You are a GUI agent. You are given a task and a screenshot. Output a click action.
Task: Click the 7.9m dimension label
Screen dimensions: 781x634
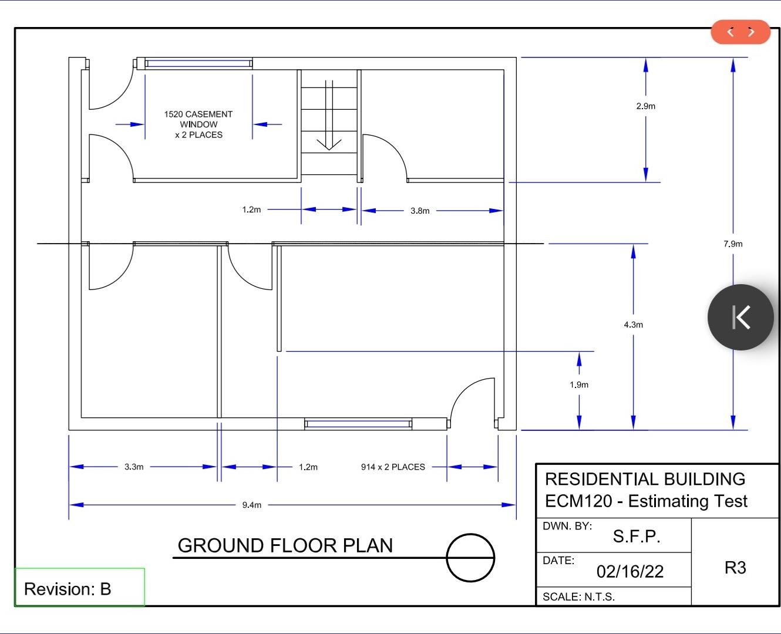[733, 244]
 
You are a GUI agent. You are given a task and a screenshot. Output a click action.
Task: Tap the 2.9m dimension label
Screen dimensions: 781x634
[645, 106]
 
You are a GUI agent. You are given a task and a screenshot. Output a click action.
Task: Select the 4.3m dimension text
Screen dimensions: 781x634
[633, 325]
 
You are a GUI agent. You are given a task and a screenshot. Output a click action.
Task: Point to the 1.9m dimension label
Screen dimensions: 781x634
[579, 385]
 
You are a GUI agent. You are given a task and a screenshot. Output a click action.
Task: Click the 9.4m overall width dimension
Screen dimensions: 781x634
[252, 505]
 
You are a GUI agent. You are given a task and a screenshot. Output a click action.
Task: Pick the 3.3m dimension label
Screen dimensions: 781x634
[134, 467]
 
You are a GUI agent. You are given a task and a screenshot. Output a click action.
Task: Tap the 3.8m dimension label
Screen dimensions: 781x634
[420, 211]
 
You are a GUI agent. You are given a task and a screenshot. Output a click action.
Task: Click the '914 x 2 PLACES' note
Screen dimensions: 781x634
[393, 467]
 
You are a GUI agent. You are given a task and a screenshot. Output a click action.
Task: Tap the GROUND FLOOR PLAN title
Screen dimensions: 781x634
[285, 545]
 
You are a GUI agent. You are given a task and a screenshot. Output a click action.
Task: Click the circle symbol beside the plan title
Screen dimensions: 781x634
[470, 558]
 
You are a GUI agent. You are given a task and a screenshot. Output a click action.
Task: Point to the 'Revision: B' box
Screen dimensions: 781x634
[79, 588]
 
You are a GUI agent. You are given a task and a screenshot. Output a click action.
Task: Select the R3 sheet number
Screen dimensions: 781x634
[735, 568]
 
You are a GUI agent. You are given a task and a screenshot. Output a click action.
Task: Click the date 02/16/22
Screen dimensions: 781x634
[630, 572]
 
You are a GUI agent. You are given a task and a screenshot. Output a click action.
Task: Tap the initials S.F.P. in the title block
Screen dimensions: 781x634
[637, 536]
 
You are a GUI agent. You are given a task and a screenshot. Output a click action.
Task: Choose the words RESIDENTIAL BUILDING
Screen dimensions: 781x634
[645, 479]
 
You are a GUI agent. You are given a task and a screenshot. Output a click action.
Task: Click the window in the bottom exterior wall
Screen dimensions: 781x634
[358, 423]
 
